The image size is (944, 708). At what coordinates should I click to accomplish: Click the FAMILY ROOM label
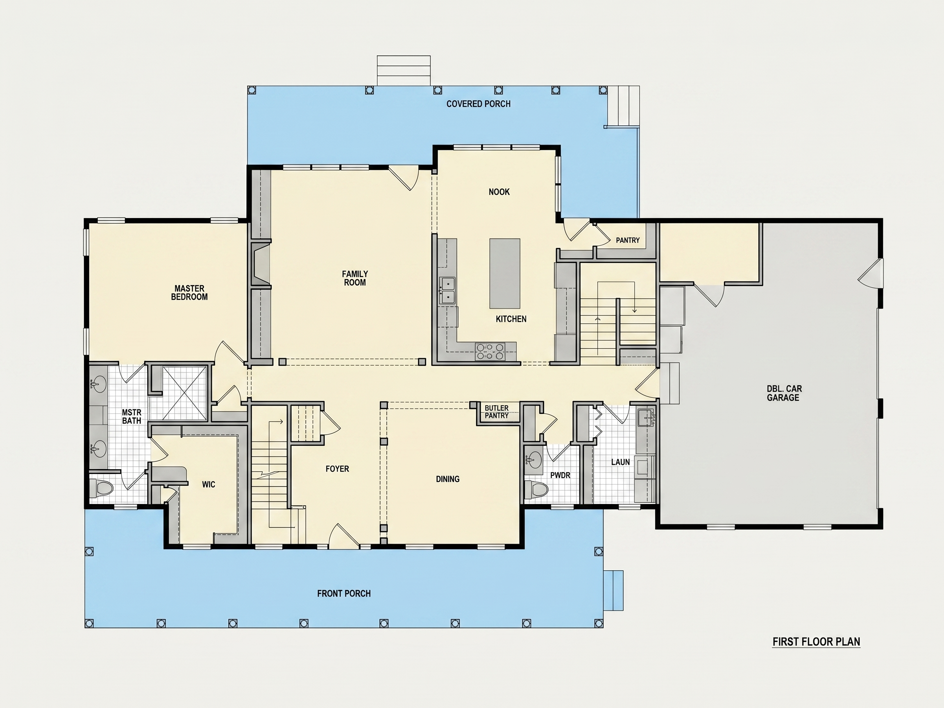355,278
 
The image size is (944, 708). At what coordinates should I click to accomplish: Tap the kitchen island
504,273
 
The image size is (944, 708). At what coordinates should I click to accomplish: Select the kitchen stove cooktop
490,352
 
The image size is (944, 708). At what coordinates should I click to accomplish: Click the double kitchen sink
448,290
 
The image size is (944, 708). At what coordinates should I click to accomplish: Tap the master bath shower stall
185,393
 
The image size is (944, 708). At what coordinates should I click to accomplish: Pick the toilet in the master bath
101,487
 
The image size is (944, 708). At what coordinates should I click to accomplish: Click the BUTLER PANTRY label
497,411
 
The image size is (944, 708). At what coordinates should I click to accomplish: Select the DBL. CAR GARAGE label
784,393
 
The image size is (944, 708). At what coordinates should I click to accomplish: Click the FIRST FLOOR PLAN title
816,642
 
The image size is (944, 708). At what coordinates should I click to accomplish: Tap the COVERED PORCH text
479,104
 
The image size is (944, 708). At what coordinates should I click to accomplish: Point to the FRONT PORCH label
344,593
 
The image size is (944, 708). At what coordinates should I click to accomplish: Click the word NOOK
499,192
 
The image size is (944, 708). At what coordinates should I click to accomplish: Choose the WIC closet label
209,484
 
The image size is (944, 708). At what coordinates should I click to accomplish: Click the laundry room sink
645,418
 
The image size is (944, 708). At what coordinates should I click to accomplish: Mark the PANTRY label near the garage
628,240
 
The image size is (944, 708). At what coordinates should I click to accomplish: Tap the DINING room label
448,479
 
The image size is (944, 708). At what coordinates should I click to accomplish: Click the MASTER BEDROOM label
189,292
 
